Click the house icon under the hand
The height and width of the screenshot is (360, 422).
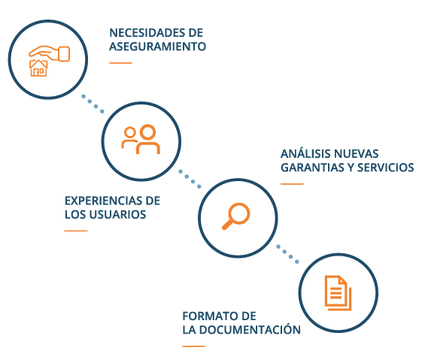click(x=38, y=68)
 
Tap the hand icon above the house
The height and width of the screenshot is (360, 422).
click(x=50, y=53)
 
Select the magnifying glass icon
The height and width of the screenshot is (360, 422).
click(x=236, y=216)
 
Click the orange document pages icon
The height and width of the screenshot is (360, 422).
click(x=338, y=293)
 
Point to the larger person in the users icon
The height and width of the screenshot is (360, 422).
click(x=148, y=139)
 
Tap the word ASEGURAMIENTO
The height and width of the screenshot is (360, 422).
click(x=158, y=47)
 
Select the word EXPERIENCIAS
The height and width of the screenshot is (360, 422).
click(x=104, y=201)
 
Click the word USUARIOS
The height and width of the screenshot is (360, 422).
click(x=117, y=214)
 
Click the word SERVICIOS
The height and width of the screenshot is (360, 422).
click(x=385, y=168)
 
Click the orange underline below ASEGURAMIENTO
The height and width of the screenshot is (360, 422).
click(x=120, y=63)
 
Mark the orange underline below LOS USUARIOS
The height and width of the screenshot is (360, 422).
click(x=76, y=231)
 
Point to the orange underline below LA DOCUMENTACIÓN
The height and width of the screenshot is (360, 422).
click(x=193, y=346)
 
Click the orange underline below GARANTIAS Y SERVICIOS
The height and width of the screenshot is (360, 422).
click(x=292, y=184)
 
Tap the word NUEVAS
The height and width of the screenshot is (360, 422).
click(x=354, y=154)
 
